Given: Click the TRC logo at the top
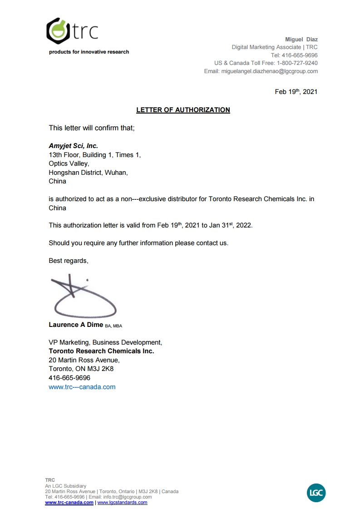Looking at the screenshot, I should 73,30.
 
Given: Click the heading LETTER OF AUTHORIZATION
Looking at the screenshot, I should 183,110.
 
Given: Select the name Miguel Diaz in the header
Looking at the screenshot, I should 301,40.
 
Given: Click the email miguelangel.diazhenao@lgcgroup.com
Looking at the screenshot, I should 269,71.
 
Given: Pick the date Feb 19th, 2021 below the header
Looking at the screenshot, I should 296,92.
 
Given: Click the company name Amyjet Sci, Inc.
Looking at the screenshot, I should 73,146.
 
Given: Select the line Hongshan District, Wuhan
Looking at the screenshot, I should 88,173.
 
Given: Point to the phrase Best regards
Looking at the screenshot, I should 69,261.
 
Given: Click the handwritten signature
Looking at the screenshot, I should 82,297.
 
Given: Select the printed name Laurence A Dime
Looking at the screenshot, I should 76,325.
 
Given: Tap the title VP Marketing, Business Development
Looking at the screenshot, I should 105,342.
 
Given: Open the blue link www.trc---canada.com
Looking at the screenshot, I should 82,387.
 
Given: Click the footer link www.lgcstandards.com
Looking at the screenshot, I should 123,503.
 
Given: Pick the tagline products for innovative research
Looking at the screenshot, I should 89,52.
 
